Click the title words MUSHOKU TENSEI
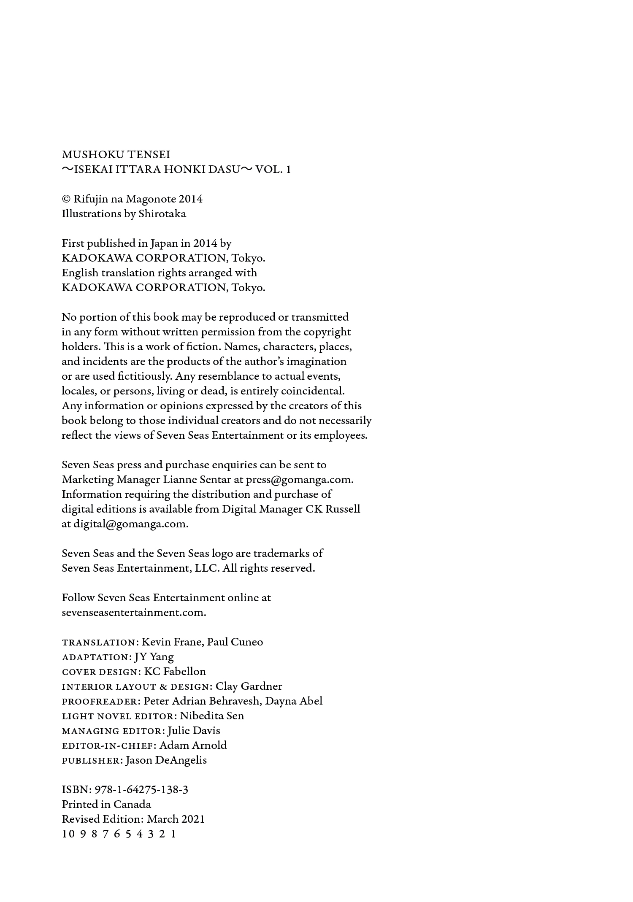click(x=116, y=155)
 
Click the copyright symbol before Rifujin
click(x=66, y=199)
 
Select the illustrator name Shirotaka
click(x=162, y=214)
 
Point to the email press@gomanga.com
click(x=299, y=480)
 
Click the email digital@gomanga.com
click(x=130, y=524)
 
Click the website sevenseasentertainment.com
click(x=134, y=613)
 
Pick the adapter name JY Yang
click(x=154, y=657)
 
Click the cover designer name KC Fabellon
click(x=175, y=672)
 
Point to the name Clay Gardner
click(x=249, y=686)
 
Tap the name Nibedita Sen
click(x=212, y=716)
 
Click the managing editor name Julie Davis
click(x=194, y=731)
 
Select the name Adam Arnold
click(x=193, y=745)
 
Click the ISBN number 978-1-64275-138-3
click(x=141, y=790)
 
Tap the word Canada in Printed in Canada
click(x=132, y=805)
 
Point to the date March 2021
click(x=176, y=819)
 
